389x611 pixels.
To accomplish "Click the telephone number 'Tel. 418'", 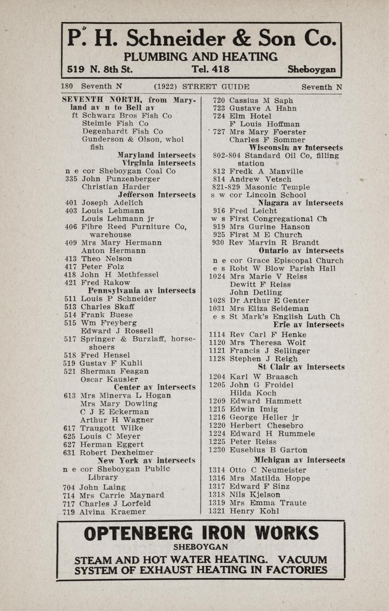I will click(x=210, y=69).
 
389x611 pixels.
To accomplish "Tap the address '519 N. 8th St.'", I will click(x=100, y=69).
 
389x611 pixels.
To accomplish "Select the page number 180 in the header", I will click(x=67, y=87).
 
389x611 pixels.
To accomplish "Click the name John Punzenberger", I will click(x=121, y=179).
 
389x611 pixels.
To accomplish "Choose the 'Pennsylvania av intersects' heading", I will click(x=141, y=290).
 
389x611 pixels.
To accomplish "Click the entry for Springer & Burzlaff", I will click(x=138, y=339).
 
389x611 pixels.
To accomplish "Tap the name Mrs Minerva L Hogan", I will click(x=126, y=395).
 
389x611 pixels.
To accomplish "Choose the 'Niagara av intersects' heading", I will click(x=301, y=203).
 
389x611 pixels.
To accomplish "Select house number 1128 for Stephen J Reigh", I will click(x=217, y=359).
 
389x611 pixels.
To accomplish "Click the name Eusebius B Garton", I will click(x=268, y=450).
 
